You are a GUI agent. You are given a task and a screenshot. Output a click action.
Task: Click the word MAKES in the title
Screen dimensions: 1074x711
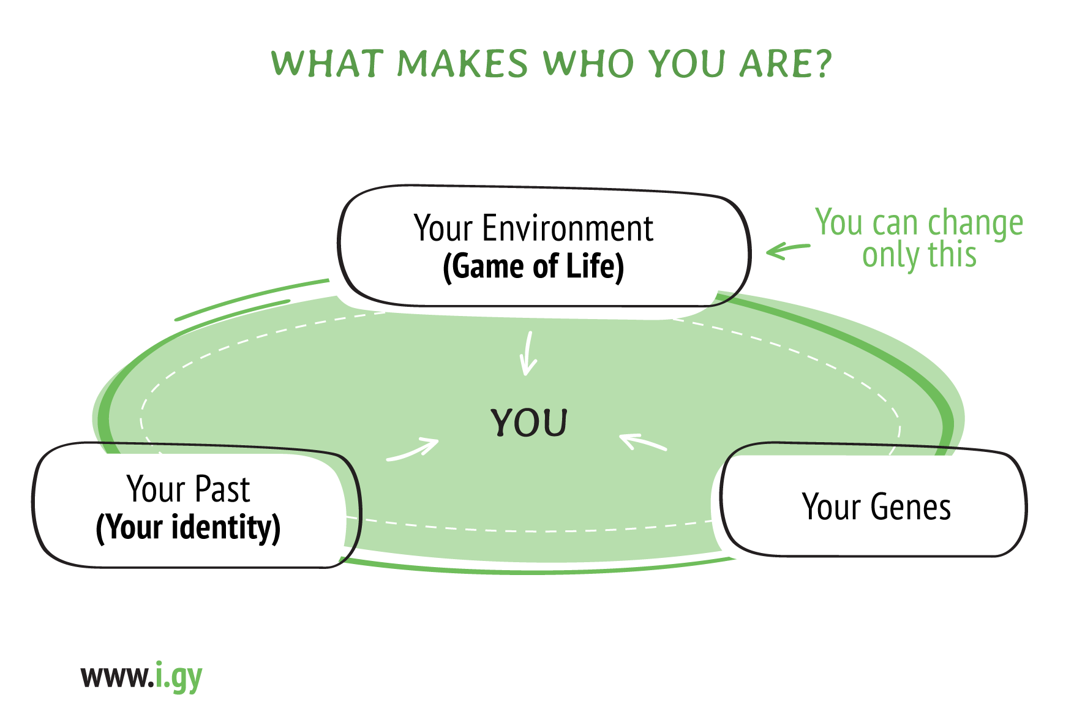[462, 64]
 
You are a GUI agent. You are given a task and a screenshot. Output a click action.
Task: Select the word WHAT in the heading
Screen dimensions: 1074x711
[328, 64]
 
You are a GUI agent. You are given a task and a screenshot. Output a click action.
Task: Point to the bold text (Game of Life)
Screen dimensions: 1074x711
[533, 266]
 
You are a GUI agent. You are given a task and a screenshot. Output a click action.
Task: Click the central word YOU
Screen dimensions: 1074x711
[530, 423]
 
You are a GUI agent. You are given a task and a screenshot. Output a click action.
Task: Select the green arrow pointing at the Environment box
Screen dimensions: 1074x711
[788, 249]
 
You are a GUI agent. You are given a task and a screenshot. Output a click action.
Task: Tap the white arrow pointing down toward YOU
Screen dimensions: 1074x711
[528, 354]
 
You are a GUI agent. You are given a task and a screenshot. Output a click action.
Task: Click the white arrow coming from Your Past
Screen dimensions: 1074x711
[413, 450]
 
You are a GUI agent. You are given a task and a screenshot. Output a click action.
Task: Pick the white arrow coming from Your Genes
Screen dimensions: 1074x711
[643, 442]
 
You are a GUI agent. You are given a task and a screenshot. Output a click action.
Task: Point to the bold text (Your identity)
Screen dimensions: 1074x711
[188, 528]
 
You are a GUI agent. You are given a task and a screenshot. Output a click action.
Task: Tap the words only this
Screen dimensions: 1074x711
[919, 255]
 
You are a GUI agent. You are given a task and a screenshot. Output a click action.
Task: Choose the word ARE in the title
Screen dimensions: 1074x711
[773, 64]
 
